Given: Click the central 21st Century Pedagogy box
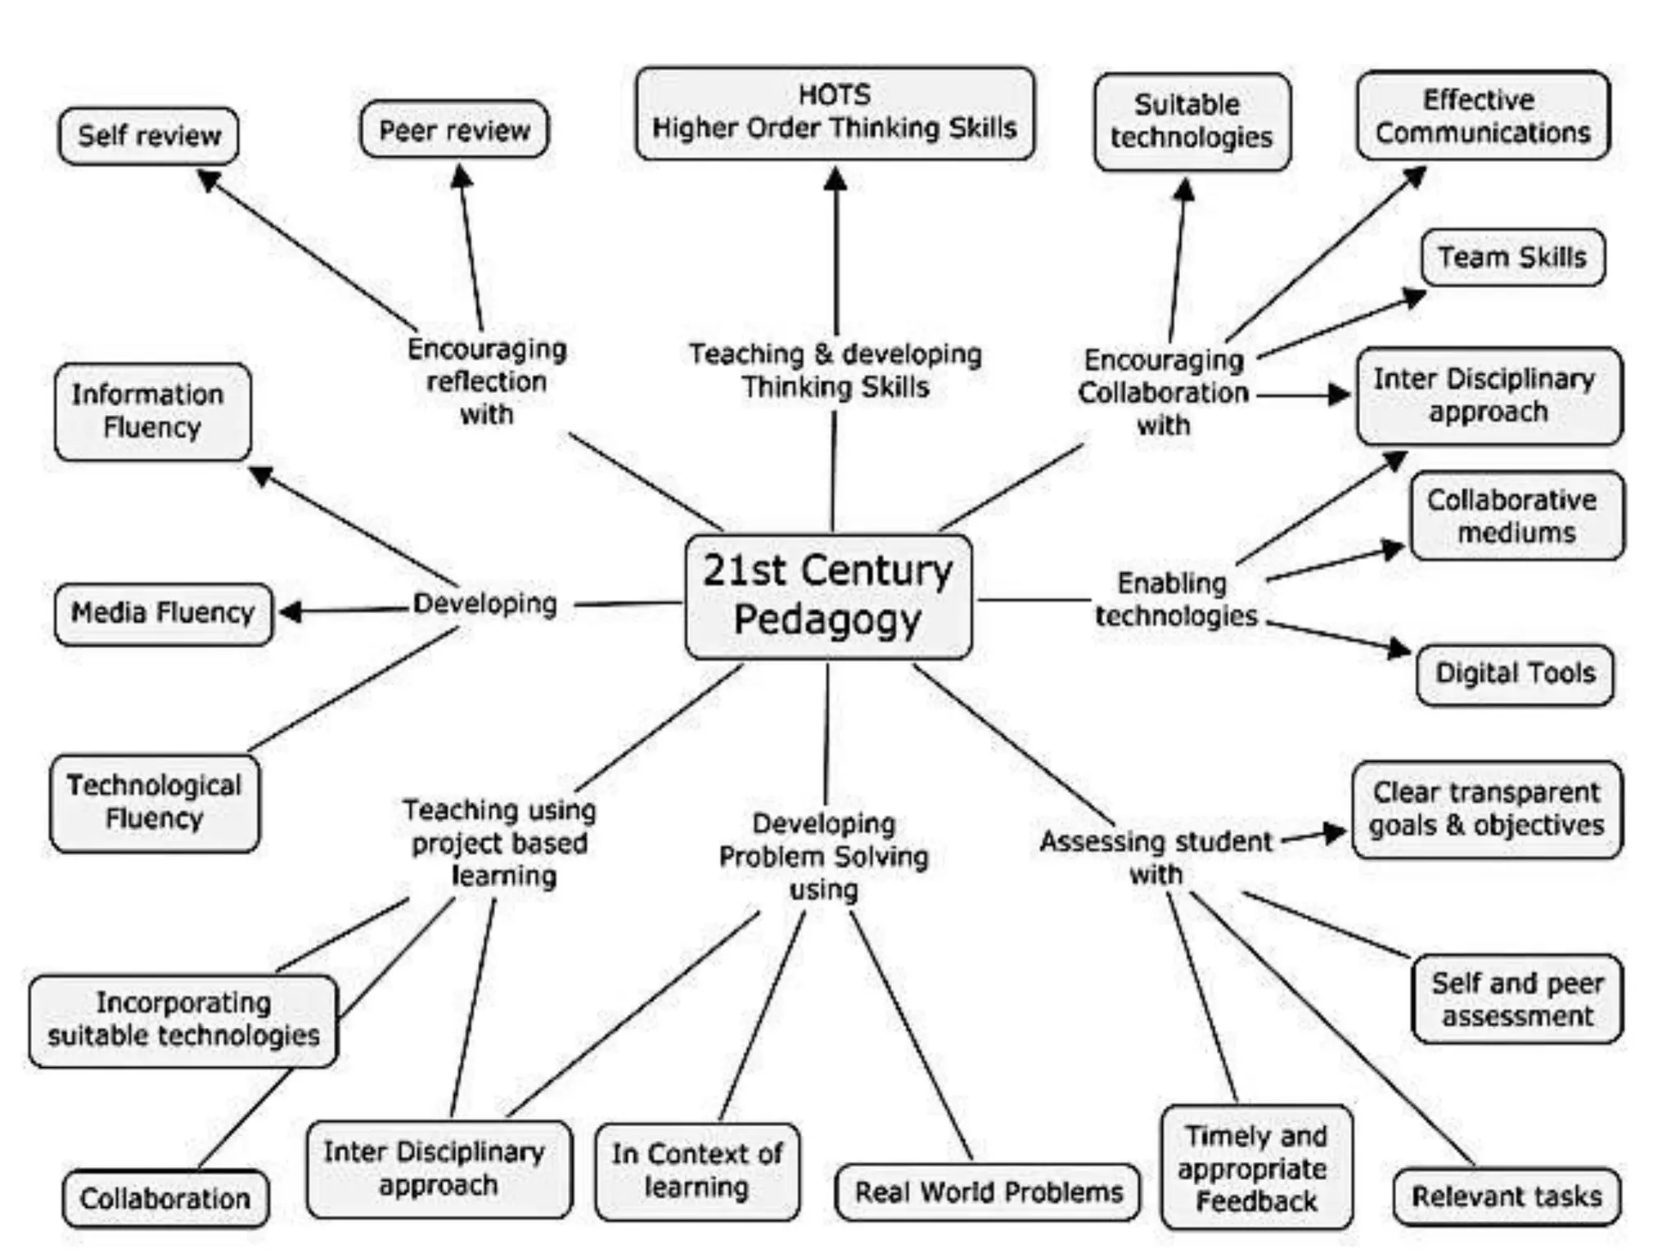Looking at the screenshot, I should click(x=828, y=597).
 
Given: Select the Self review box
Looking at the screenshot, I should click(x=148, y=136).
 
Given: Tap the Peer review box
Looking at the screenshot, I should click(x=454, y=129).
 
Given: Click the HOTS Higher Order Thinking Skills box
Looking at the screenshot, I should click(x=835, y=113).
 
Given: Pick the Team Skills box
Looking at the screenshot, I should click(x=1512, y=258).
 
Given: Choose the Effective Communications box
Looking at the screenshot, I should click(x=1483, y=115).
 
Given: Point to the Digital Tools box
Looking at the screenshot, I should click(x=1515, y=674).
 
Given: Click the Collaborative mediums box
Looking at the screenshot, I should click(x=1516, y=516).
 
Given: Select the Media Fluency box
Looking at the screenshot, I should click(x=163, y=613).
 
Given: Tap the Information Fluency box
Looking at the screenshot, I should click(x=152, y=412).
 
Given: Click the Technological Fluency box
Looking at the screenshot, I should click(x=155, y=803).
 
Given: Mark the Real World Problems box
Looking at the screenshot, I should click(x=987, y=1192).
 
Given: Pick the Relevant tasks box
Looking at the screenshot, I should click(x=1506, y=1196).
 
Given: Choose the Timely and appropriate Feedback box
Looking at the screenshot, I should click(x=1256, y=1168).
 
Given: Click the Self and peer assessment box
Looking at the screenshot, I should click(x=1516, y=999).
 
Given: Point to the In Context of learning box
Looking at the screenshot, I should click(x=697, y=1171).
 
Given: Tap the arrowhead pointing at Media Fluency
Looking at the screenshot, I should click(x=291, y=611).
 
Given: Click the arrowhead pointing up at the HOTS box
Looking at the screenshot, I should click(x=835, y=178).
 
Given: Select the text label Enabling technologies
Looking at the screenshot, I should click(x=1175, y=599).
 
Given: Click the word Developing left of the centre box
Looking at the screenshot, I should click(x=484, y=604).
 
